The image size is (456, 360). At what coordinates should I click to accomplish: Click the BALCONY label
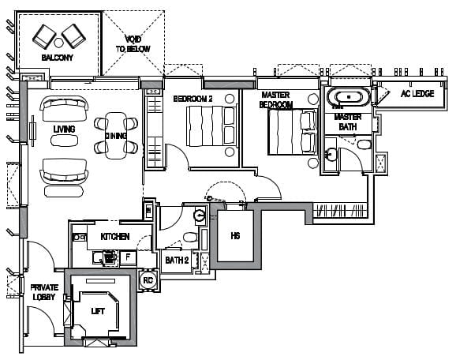tap(57, 58)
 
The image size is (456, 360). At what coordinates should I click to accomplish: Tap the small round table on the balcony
tap(58, 43)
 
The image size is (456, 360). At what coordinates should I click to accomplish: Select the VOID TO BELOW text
tap(133, 44)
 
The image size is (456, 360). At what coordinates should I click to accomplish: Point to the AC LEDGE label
tap(417, 94)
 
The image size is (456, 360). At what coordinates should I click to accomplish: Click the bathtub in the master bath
tap(349, 96)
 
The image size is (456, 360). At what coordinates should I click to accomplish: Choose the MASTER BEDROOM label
tap(275, 99)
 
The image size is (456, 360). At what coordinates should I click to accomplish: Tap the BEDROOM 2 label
tap(192, 99)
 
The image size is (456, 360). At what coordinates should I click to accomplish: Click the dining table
tap(116, 136)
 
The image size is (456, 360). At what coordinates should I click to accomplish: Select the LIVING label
tap(64, 129)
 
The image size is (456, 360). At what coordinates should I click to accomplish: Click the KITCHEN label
tap(115, 237)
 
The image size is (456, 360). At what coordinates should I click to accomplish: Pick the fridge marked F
tap(128, 257)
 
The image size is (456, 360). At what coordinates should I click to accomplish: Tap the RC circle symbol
tap(148, 280)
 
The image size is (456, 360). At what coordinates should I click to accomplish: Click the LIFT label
tap(98, 311)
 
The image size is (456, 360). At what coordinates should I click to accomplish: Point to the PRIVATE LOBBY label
tap(44, 292)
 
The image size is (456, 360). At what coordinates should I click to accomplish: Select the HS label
tap(235, 236)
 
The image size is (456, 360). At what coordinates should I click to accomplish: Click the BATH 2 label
tap(177, 261)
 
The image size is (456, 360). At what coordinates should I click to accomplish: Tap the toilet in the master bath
tap(364, 144)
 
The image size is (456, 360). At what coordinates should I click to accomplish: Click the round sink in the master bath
tap(331, 155)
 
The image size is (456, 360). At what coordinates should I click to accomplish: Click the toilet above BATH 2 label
tap(190, 237)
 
